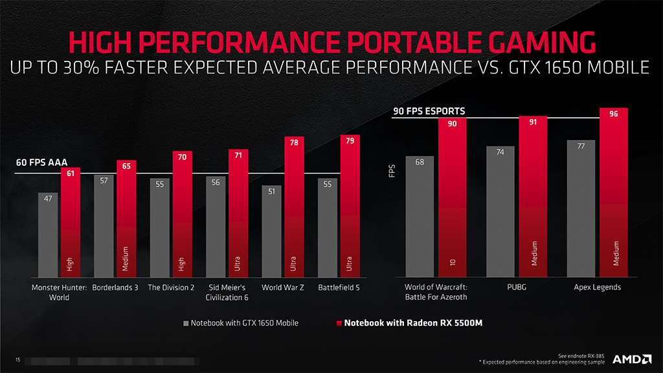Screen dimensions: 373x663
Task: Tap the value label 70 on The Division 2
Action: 182,156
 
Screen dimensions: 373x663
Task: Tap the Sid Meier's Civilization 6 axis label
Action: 226,292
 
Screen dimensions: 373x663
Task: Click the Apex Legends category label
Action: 598,288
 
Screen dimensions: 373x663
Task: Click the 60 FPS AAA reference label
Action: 42,163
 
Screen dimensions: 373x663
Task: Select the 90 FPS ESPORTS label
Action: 429,111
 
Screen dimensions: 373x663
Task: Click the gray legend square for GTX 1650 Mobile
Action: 186,322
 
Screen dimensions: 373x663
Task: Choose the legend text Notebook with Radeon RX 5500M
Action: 412,322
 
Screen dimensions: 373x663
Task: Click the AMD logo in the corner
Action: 631,359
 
